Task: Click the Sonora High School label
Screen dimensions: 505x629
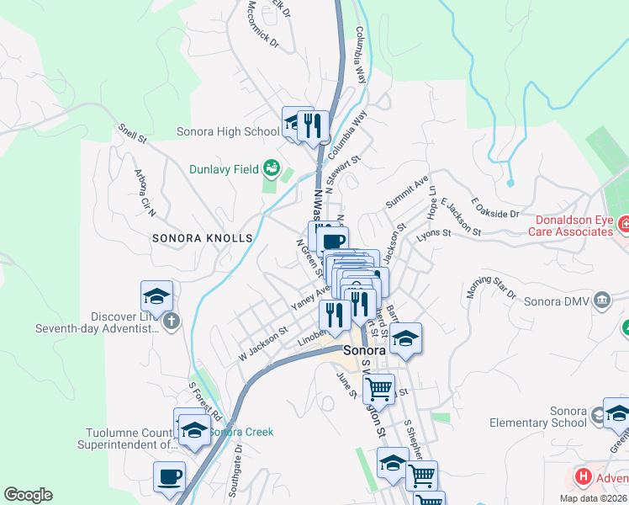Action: coord(228,131)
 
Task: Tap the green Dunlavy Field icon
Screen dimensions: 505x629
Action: coord(271,168)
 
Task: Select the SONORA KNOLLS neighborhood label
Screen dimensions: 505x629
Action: coord(202,238)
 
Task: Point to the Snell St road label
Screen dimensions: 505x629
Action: coord(132,132)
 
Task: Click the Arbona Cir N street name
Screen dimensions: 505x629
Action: coord(141,190)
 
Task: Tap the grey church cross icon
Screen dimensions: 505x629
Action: coord(171,320)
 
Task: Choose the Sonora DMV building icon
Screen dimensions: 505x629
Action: coord(602,300)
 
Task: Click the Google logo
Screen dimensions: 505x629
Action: coord(28,496)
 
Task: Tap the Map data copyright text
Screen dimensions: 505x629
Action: coord(593,498)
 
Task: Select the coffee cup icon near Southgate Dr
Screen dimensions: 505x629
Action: coord(169,476)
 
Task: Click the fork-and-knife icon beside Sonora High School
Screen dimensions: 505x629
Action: coord(313,126)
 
